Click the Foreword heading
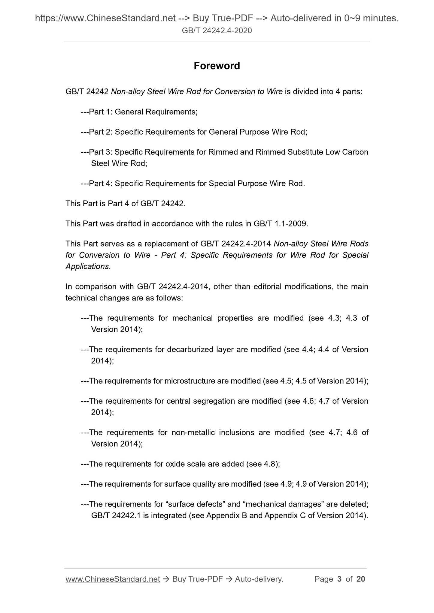tap(217, 66)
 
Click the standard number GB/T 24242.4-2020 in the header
tap(217, 30)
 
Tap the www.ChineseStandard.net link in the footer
tap(113, 579)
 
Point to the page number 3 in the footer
tap(339, 579)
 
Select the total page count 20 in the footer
tap(361, 579)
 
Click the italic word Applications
tap(87, 266)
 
